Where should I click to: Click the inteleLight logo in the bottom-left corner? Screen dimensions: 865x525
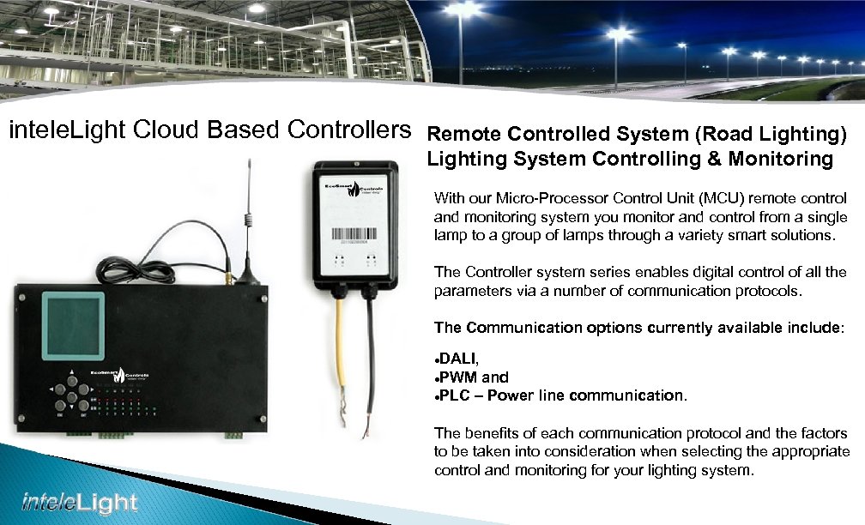(79, 501)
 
